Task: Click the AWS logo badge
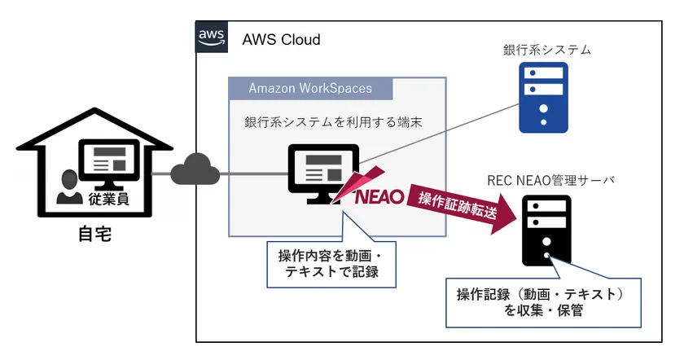pos(212,38)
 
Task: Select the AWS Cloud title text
pos(281,39)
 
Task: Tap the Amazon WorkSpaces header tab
pos(309,88)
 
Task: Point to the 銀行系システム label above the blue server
pos(546,50)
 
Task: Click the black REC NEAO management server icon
pos(546,230)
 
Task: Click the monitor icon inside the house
pos(108,163)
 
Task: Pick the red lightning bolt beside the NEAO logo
pos(366,178)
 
